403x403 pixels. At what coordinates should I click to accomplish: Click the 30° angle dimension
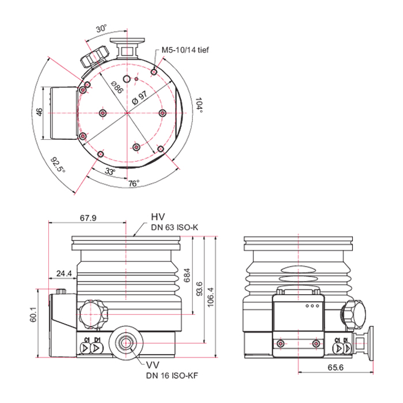(101, 28)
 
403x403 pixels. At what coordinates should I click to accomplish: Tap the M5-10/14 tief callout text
(185, 50)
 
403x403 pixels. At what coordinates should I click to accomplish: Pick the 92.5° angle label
(58, 165)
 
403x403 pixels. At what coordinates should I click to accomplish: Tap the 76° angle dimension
(134, 183)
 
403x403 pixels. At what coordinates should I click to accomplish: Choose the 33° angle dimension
(110, 172)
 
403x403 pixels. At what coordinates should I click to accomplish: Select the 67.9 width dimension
(88, 218)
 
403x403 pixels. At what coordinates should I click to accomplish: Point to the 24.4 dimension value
(64, 273)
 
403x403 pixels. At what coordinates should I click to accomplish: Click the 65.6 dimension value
(335, 366)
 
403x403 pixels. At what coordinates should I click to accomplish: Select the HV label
(158, 216)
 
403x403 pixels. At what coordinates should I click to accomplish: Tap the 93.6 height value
(199, 287)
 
